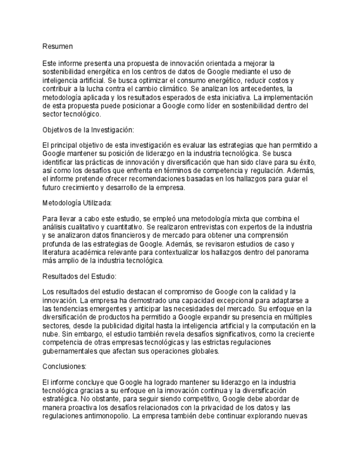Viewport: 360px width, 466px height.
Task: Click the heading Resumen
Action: tap(58, 47)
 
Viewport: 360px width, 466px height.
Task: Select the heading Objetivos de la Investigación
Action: tap(88, 130)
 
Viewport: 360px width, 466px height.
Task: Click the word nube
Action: tap(52, 334)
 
